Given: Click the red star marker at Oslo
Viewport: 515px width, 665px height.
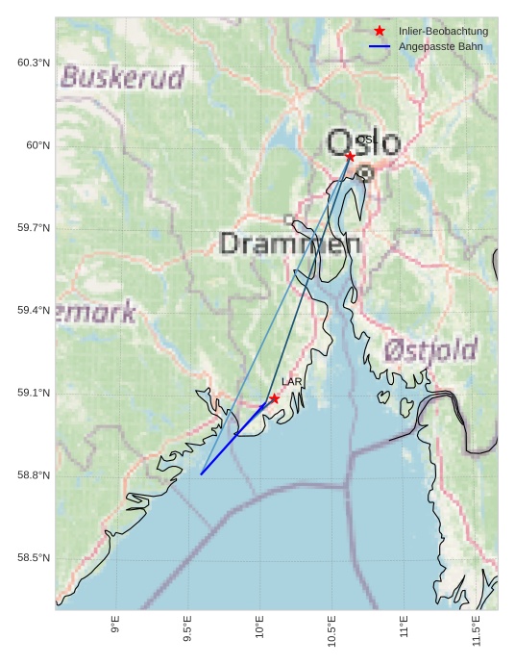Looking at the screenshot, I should coord(350,156).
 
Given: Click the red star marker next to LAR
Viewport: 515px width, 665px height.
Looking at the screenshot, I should coord(275,398).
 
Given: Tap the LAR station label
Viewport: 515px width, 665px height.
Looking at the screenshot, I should coord(292,382).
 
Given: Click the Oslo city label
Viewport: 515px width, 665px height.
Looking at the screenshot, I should coord(364,143).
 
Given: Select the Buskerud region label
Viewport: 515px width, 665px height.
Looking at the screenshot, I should coord(122,77).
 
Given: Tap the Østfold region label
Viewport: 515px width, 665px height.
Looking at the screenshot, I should coord(430,350).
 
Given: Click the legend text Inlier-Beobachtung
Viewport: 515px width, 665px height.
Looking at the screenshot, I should coord(443,32).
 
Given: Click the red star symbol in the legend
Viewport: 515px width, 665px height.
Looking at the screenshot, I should coord(380,32).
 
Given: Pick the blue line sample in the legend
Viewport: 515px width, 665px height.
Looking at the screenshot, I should coord(380,46).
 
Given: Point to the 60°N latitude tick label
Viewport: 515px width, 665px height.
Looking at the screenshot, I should coord(37,145).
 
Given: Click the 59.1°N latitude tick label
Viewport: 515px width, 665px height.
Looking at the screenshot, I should coord(34,393).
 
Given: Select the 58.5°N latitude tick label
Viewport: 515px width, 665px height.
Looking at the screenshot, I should coord(34,558).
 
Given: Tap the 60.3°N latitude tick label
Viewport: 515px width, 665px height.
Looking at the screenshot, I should coord(34,63).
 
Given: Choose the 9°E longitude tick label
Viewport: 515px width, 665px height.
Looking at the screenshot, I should coord(115,627).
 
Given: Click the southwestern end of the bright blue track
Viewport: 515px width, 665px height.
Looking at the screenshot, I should coord(201,474).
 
